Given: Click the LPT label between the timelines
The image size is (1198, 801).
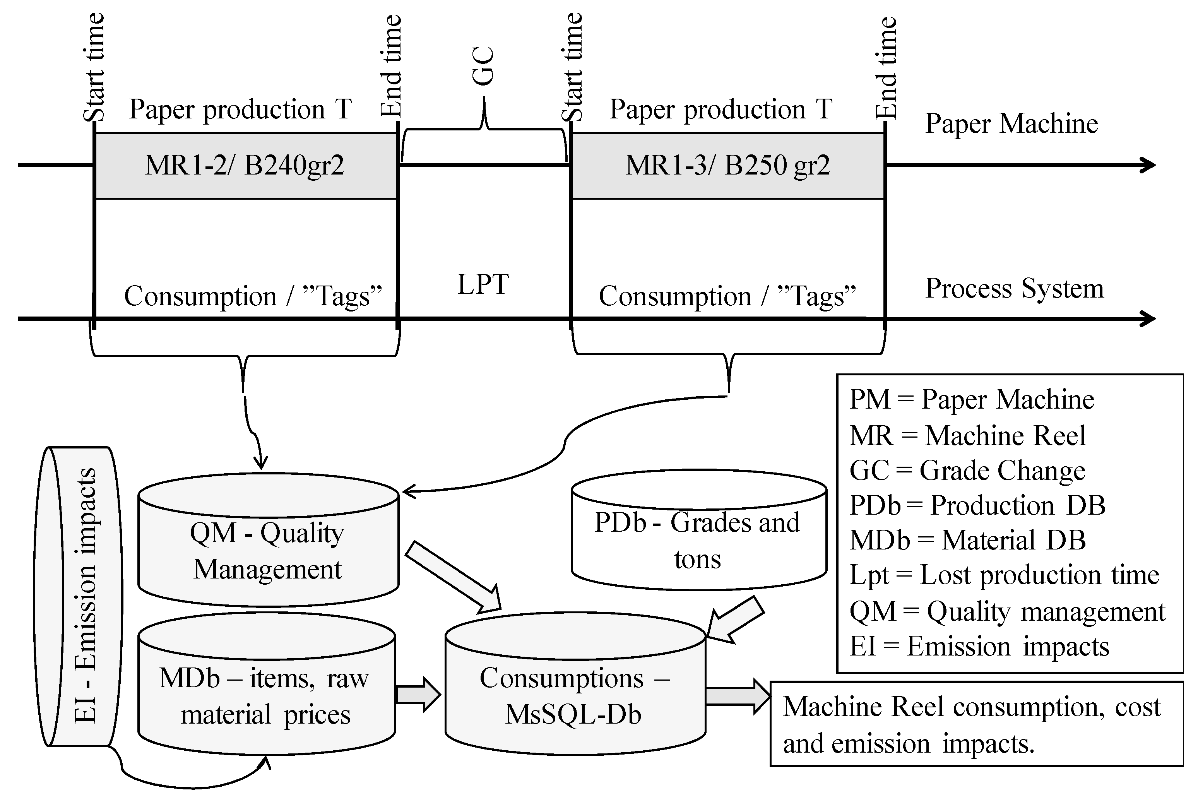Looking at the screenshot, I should [483, 284].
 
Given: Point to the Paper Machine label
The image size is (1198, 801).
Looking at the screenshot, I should [1011, 123].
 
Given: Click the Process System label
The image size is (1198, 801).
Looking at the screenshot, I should [1014, 289].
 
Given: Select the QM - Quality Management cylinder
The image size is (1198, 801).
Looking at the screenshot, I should [268, 552].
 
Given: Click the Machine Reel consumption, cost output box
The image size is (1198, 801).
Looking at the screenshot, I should [976, 724].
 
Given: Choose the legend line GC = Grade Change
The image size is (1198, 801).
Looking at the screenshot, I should [967, 471].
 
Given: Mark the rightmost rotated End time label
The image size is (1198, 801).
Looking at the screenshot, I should [887, 67].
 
